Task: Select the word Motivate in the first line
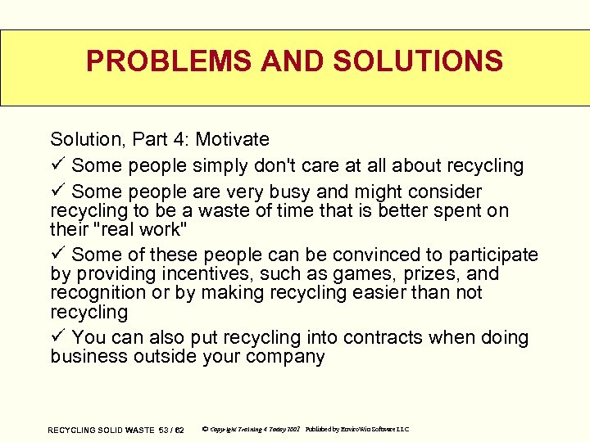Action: coord(232,140)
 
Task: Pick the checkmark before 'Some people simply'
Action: coord(57,165)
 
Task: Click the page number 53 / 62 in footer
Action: coord(170,430)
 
